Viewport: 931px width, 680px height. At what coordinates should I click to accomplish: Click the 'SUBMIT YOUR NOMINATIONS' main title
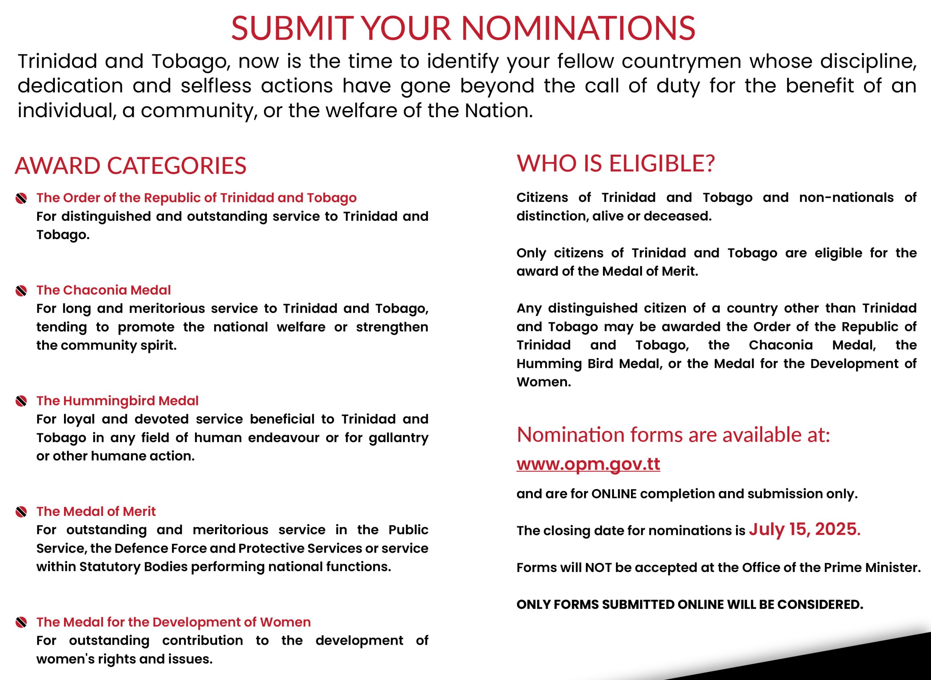tap(463, 28)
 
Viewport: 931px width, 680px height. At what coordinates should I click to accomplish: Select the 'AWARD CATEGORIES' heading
tap(131, 166)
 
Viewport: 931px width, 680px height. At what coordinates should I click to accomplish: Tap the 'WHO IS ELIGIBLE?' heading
tap(616, 163)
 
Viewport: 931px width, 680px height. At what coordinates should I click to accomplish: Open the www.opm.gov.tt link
tap(588, 464)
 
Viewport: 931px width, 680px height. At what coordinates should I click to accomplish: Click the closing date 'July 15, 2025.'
tap(805, 529)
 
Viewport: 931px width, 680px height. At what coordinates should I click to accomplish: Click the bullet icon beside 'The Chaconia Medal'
tap(21, 291)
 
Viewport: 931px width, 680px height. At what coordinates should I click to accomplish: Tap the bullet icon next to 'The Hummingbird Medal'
tap(21, 401)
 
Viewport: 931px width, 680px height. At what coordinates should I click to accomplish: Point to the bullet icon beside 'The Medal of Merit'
tap(21, 512)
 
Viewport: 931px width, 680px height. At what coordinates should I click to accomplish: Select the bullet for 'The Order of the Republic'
tap(21, 198)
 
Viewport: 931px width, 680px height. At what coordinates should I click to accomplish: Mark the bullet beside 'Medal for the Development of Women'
tap(21, 623)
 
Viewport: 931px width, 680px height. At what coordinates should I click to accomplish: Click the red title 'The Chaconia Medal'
tap(104, 290)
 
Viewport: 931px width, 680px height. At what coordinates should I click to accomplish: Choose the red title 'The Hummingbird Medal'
tap(118, 401)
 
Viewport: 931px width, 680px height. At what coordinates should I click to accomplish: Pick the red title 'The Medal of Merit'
tap(96, 512)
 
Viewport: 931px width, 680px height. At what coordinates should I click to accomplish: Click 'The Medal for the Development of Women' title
tap(173, 622)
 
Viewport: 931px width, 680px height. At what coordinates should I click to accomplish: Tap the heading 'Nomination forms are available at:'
tap(674, 435)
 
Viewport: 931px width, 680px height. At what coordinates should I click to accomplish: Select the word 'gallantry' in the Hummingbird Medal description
tap(398, 438)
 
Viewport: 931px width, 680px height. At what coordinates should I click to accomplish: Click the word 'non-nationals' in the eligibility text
tap(846, 198)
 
